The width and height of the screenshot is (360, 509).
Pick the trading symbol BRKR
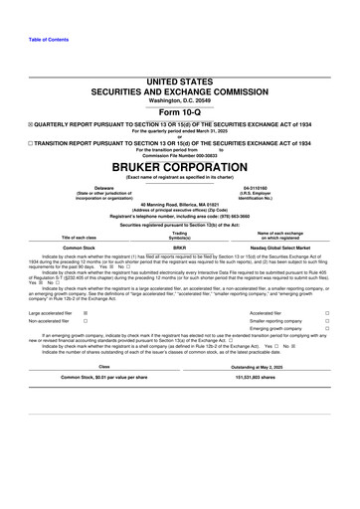coord(180,247)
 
